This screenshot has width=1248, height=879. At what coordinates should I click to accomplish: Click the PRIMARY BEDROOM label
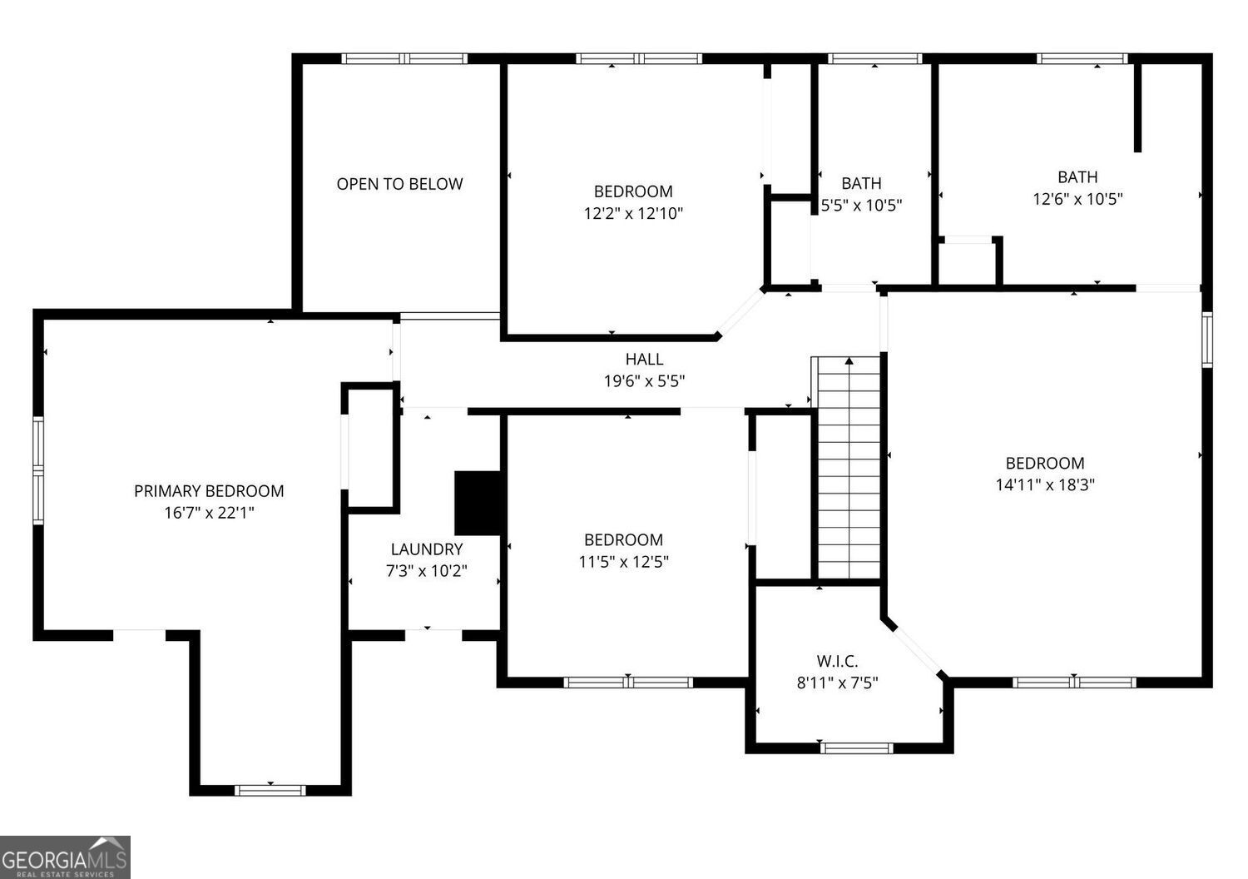coord(209,491)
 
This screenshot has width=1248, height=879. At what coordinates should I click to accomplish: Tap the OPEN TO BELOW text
coord(399,184)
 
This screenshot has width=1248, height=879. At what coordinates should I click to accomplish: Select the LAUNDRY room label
coord(426,549)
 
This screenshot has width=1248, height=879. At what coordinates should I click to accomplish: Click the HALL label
coord(644,359)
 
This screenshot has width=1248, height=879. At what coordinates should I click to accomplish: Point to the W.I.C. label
coord(837,661)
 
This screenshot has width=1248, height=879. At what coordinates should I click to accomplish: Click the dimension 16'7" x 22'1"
coord(209,514)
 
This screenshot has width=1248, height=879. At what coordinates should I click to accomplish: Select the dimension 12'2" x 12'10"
coord(632,214)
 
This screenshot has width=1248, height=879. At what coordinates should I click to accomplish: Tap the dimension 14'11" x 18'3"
coord(1045,485)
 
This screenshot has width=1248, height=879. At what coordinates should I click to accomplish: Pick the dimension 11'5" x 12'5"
coord(623,562)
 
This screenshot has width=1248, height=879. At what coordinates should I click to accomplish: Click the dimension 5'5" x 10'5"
coord(861,205)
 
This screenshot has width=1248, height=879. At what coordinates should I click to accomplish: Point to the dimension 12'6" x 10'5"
coord(1077,199)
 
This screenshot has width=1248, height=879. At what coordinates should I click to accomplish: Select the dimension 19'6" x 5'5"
coord(644,381)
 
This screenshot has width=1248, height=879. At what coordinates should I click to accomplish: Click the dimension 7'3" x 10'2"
coord(426,571)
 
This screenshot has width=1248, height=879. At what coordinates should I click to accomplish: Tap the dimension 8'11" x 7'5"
coord(837,683)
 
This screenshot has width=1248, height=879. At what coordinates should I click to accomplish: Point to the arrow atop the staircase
coord(849,361)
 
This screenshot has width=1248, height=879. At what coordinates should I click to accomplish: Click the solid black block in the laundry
coord(478,503)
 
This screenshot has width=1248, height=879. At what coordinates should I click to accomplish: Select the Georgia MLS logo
coord(65,857)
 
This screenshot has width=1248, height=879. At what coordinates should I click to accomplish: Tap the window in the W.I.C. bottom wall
coord(856,747)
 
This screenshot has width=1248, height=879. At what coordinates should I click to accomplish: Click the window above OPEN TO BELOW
coord(404,58)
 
